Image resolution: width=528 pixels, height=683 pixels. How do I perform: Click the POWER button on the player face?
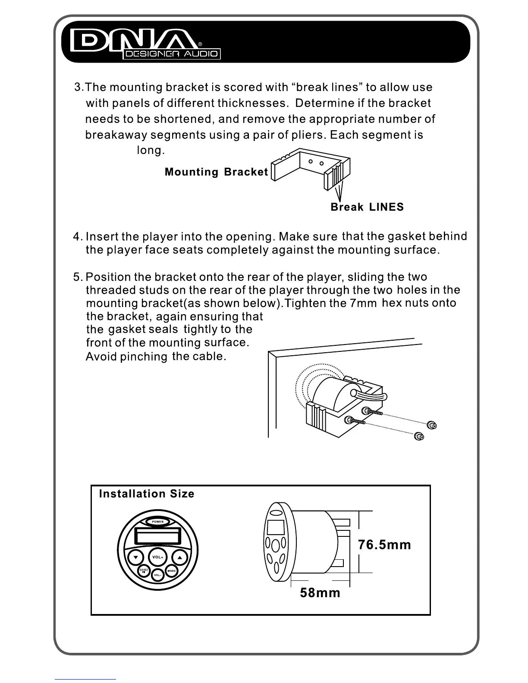(157, 522)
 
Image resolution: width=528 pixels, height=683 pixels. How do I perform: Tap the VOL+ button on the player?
(157, 557)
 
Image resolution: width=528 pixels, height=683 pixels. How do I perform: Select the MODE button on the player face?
(171, 571)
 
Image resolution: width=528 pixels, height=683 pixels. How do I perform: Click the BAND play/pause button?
(144, 571)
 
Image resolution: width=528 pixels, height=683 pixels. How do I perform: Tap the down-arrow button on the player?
(135, 557)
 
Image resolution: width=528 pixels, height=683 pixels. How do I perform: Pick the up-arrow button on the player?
(180, 557)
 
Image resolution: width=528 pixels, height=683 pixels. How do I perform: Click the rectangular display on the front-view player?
(157, 536)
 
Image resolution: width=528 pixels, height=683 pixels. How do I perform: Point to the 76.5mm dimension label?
(384, 545)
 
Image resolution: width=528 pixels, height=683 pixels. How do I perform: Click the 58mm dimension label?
(320, 593)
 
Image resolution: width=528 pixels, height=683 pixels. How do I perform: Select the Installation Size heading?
(147, 494)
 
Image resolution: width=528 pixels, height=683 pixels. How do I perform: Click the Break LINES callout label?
(367, 207)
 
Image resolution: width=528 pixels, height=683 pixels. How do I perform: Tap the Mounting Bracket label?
(217, 172)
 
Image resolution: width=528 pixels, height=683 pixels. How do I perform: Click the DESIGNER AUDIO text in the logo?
(172, 54)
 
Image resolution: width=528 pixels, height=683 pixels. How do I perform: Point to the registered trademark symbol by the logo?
(200, 44)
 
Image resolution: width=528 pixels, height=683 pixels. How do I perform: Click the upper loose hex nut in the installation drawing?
(431, 426)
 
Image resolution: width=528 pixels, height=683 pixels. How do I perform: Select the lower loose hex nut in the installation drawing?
(418, 437)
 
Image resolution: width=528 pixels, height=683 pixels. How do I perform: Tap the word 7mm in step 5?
(363, 303)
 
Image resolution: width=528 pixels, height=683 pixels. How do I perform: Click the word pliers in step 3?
(308, 135)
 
